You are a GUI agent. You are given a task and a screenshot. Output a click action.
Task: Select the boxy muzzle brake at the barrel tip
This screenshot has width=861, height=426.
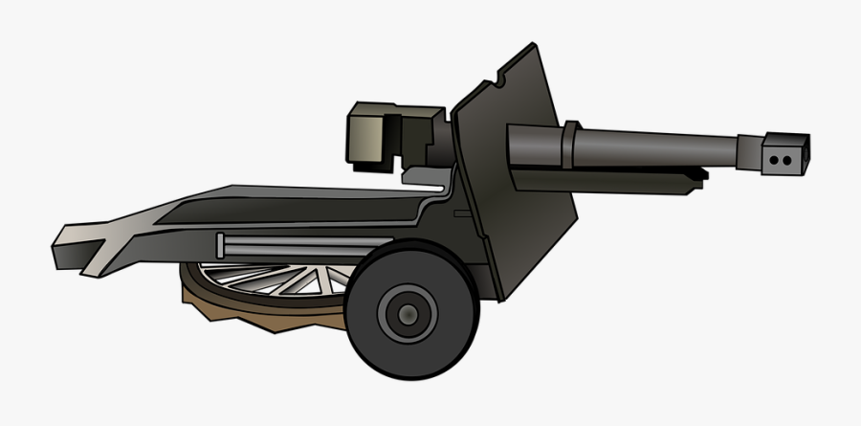click(783, 153)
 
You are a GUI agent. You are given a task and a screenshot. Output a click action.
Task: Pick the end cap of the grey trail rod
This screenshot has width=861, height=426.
click(222, 246)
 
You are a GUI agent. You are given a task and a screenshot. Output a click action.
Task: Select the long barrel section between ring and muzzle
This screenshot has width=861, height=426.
click(660, 148)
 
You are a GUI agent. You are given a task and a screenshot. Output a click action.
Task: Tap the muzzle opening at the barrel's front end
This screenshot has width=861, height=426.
click(806, 151)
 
